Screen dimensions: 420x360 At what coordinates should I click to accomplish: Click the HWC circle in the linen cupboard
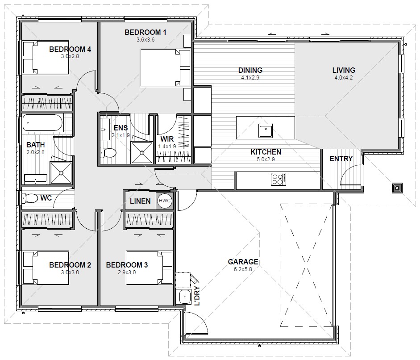tap(164, 201)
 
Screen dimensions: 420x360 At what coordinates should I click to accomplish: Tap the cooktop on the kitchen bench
tap(279, 179)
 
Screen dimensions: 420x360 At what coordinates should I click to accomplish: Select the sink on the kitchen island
tap(266, 131)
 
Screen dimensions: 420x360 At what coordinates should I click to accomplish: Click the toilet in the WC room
tap(30, 198)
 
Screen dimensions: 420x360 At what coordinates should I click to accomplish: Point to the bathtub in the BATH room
tap(43, 123)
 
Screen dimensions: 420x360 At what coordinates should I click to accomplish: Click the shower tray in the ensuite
tap(142, 152)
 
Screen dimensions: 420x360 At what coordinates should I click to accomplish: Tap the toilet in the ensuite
tap(108, 153)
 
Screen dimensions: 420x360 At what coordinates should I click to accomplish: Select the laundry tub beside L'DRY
tap(184, 297)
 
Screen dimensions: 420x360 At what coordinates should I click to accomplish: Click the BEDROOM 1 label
tap(146, 33)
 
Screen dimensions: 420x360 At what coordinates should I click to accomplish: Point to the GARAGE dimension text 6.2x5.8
tap(243, 269)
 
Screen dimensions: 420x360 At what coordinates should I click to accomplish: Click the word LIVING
tap(344, 70)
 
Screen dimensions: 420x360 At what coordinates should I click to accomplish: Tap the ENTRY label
tap(341, 159)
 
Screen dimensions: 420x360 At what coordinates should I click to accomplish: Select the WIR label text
tap(167, 139)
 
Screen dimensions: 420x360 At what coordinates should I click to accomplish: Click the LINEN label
tap(140, 201)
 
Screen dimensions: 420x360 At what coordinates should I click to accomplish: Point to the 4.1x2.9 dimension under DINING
tap(250, 78)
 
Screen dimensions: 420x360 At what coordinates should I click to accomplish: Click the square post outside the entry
tap(397, 188)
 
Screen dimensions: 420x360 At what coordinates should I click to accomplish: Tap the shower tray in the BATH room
tap(61, 173)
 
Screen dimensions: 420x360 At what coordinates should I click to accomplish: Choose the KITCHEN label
tap(266, 152)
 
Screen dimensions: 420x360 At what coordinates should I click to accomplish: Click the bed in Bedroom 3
tap(149, 268)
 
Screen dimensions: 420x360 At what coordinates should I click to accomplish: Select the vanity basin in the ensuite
tap(106, 129)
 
